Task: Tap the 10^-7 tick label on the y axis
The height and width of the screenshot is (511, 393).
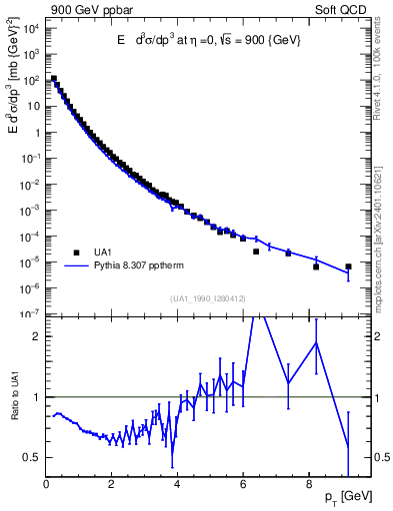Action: point(30,313)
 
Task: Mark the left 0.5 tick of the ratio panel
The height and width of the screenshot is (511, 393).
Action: point(33,457)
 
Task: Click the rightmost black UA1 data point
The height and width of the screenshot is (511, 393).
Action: point(348,266)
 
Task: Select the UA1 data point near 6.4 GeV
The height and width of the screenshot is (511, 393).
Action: point(256,252)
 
